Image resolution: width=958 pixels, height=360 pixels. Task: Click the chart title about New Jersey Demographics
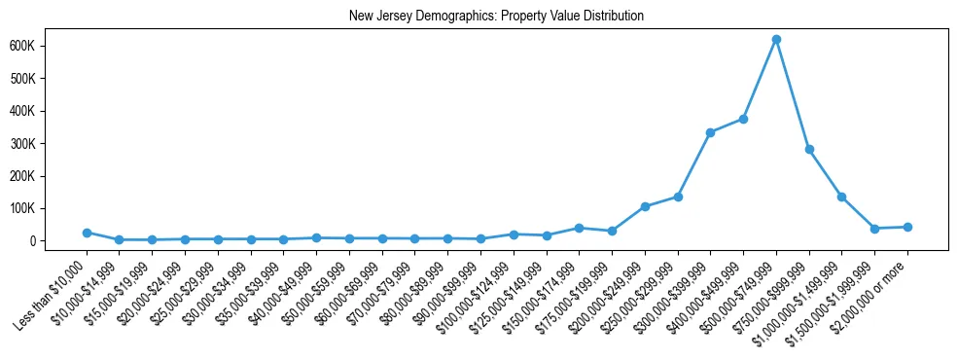click(x=496, y=17)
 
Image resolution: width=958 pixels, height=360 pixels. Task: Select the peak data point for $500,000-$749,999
click(x=776, y=40)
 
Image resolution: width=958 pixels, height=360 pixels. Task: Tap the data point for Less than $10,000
click(x=87, y=233)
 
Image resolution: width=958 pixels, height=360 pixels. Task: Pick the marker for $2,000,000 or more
click(x=907, y=227)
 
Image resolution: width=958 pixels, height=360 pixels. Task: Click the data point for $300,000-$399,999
click(x=710, y=132)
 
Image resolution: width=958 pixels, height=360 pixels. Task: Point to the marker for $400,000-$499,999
click(x=743, y=119)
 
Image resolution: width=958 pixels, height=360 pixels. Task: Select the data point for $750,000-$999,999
click(x=809, y=150)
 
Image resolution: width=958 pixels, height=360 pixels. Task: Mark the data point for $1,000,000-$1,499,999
click(x=841, y=197)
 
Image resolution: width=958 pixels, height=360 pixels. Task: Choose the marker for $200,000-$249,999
click(x=645, y=206)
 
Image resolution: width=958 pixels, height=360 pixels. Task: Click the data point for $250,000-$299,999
click(x=678, y=197)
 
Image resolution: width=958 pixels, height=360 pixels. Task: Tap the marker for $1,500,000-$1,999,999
click(x=874, y=229)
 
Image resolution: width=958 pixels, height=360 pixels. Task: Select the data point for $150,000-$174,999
click(x=579, y=228)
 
